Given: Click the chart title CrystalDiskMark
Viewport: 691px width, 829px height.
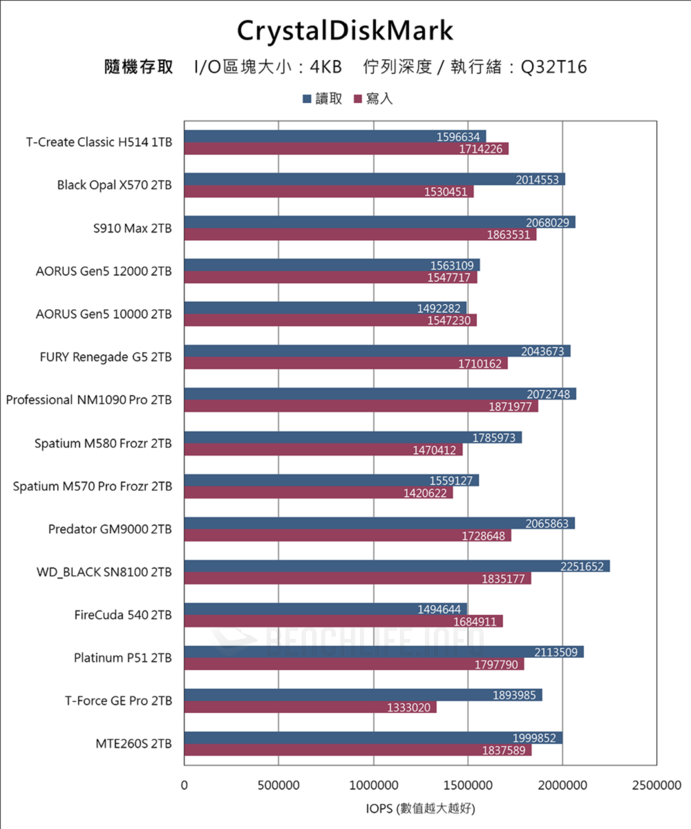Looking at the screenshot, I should (345, 31).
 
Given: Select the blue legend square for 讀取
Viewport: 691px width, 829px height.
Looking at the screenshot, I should (306, 99).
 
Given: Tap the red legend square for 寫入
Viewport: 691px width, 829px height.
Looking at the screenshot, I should (358, 99).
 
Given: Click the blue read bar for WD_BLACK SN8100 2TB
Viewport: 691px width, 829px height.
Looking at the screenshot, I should (396, 566).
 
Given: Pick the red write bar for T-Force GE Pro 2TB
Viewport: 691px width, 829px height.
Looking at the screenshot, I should (310, 707).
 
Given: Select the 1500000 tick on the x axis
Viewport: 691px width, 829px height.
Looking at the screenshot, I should (468, 785).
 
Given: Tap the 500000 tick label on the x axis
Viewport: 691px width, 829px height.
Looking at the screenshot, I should (278, 785).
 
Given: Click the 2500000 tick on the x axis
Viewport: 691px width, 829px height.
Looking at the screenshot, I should (656, 785).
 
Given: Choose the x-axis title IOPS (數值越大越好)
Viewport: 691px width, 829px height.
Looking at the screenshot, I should (420, 808).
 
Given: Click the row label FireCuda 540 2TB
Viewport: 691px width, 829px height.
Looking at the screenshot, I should (123, 615).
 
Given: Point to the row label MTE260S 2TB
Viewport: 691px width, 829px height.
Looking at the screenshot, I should (134, 743).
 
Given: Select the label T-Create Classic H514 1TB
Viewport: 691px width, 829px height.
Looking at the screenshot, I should (100, 142).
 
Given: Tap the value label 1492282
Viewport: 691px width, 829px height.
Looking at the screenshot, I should (439, 308).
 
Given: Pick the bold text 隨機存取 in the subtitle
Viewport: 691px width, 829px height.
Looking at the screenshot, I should (138, 67).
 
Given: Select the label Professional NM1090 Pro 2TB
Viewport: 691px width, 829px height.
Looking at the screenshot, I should (89, 400).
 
